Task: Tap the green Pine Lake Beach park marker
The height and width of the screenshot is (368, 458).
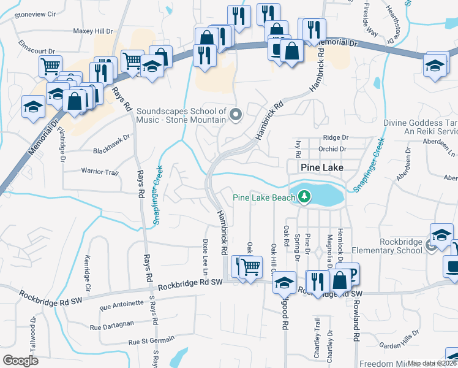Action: [304, 197]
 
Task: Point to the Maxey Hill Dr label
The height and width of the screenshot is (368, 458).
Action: [93, 31]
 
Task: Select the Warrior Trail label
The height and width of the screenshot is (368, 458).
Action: [100, 172]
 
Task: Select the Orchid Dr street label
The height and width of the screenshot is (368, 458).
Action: [332, 148]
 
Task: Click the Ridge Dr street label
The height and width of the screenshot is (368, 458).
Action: [336, 138]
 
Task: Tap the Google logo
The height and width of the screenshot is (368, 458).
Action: [20, 361]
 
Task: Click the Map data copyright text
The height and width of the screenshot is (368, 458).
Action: [432, 363]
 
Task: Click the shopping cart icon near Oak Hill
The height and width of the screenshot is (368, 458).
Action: [250, 267]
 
